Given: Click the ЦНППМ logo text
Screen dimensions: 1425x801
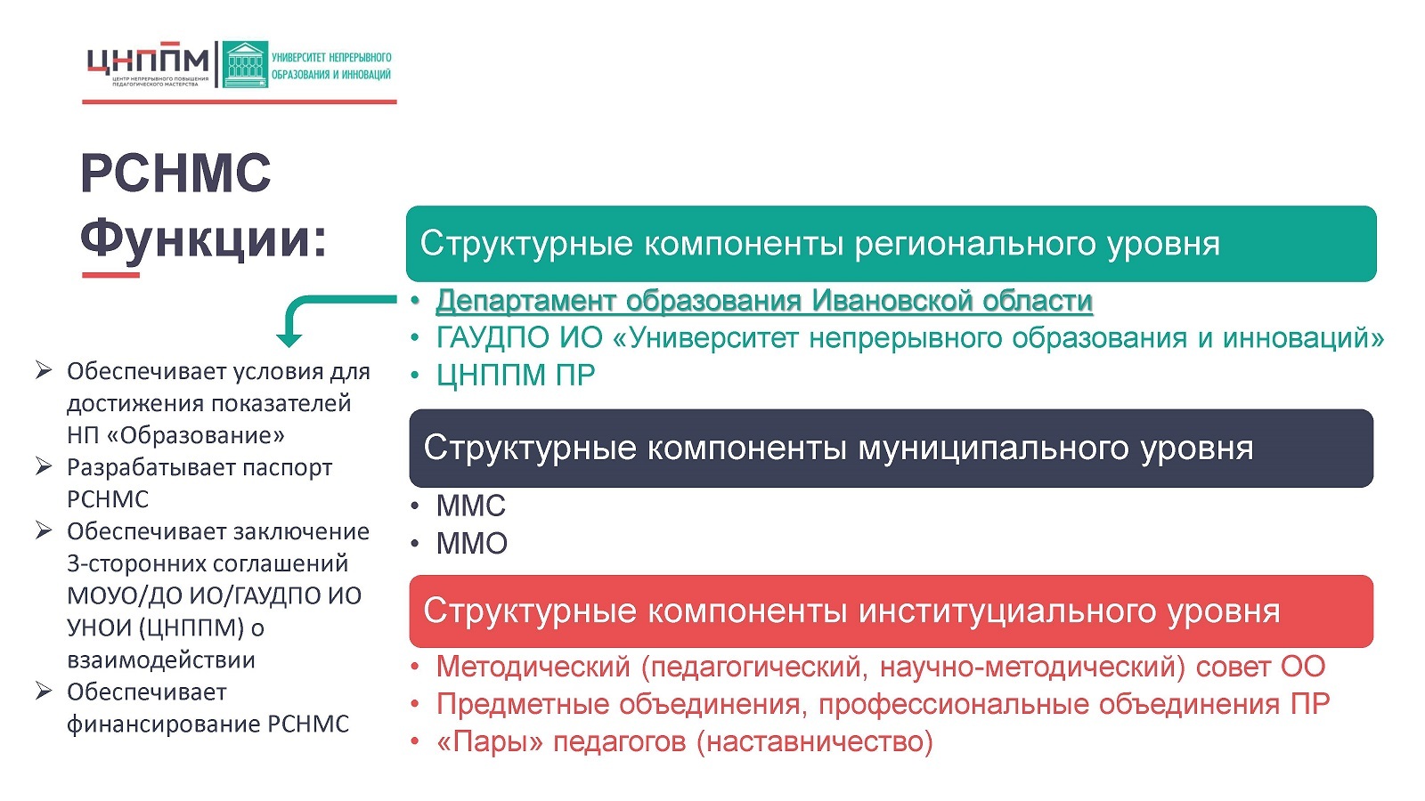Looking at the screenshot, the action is pyautogui.click(x=148, y=59).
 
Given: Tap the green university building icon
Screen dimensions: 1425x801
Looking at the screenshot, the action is pyautogui.click(x=245, y=64).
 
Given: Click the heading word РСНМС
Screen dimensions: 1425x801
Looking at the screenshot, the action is pyautogui.click(x=175, y=173).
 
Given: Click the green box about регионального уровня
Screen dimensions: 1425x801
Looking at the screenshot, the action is pyautogui.click(x=891, y=244).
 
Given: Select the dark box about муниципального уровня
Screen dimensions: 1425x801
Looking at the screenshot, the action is pyautogui.click(x=891, y=449).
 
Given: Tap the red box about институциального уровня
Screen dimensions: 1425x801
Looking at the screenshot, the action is pyautogui.click(x=891, y=611).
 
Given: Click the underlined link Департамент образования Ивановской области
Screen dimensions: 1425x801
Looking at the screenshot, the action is pyautogui.click(x=764, y=301).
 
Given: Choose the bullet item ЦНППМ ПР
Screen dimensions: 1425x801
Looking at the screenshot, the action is pyautogui.click(x=516, y=375).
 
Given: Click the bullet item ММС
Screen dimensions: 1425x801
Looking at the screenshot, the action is pyautogui.click(x=471, y=506).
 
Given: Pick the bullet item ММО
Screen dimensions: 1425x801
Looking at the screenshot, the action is pyautogui.click(x=471, y=544).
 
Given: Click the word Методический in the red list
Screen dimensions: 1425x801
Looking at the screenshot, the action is pyautogui.click(x=533, y=667).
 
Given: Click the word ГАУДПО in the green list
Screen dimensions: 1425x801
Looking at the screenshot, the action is pyautogui.click(x=493, y=337).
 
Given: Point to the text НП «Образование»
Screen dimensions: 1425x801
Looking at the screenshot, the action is pyautogui.click(x=175, y=435).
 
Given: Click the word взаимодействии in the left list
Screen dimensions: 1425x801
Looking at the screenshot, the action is pyautogui.click(x=161, y=659).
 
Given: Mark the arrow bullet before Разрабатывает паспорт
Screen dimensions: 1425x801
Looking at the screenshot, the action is pyautogui.click(x=44, y=466).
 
